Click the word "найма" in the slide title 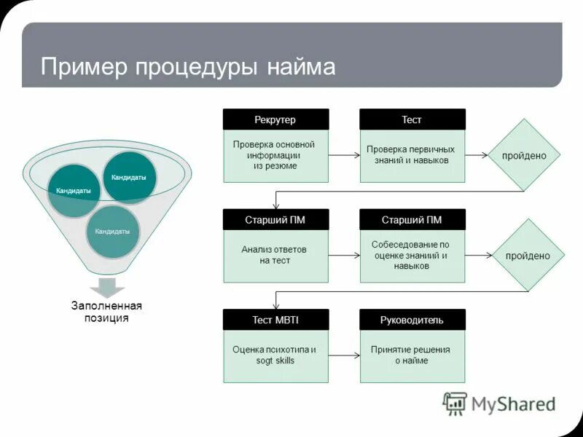click(x=300, y=67)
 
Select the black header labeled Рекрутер click(x=275, y=119)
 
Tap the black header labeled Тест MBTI click(x=275, y=320)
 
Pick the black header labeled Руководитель click(x=412, y=320)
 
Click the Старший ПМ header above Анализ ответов click(x=275, y=220)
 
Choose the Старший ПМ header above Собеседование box click(x=412, y=220)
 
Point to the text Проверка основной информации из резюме click(x=274, y=155)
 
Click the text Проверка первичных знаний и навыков click(x=412, y=154)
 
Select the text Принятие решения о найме click(x=412, y=355)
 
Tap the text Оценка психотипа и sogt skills click(x=274, y=355)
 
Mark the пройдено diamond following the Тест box click(x=524, y=155)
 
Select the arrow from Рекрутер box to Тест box click(x=344, y=155)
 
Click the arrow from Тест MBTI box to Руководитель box click(x=344, y=355)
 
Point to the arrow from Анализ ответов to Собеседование click(x=344, y=256)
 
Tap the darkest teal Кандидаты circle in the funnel click(x=129, y=177)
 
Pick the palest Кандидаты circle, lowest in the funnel click(x=112, y=232)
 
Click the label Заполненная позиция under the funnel click(x=106, y=312)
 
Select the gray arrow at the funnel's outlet click(x=106, y=287)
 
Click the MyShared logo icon click(x=455, y=403)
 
